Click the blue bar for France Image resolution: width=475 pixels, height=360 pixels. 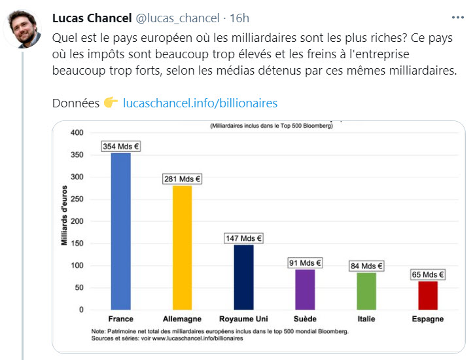pos(121,230)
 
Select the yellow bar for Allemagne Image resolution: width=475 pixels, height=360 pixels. pos(182,247)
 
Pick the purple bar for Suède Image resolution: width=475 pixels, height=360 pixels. pos(305,289)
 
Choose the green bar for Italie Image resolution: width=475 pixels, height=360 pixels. pos(366,291)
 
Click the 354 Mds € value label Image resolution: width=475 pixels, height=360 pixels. pos(121,147)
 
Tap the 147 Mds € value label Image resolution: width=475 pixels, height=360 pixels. pos(243,238)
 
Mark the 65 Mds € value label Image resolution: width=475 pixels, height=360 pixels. pos(428,275)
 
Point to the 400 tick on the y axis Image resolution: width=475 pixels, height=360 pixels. pos(77,133)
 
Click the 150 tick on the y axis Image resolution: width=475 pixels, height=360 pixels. pos(77,243)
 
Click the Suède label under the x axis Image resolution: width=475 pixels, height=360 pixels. pos(305,319)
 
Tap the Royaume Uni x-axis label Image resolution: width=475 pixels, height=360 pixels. pos(243,319)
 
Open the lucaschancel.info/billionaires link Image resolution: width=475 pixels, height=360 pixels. pos(200,103)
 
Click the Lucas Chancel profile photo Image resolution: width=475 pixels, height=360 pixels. pos(26,29)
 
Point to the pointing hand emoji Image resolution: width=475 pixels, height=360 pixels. pos(111,103)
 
